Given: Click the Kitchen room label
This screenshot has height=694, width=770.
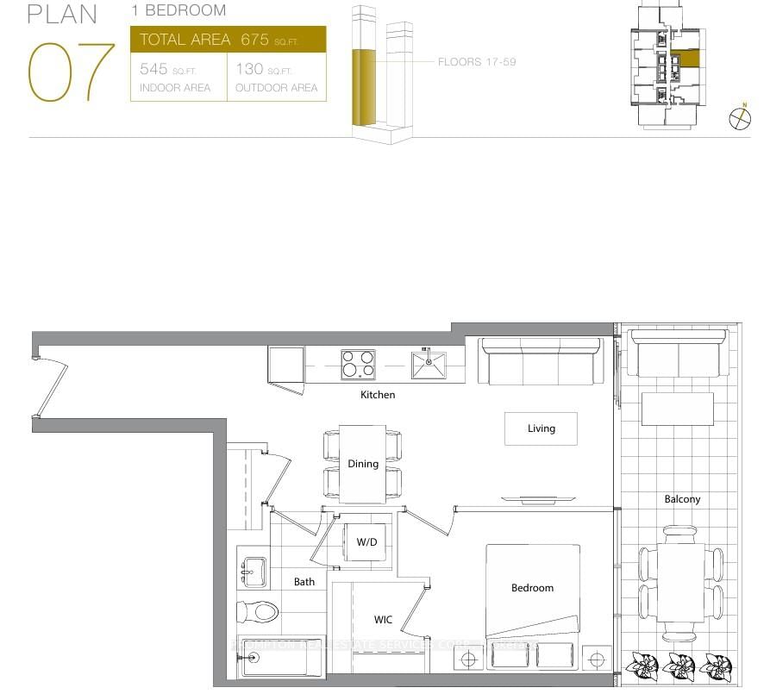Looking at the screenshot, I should click(x=378, y=395).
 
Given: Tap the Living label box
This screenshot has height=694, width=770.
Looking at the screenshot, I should click(x=541, y=428).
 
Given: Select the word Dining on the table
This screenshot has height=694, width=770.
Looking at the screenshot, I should click(x=363, y=464).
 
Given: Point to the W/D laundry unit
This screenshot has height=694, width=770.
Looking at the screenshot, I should click(x=367, y=542).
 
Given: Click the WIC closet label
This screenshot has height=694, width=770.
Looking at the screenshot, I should click(x=384, y=620).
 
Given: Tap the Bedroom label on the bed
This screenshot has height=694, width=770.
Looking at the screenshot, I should click(x=532, y=588).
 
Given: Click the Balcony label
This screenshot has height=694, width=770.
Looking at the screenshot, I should click(x=682, y=499).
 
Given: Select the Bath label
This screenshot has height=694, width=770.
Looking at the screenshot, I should click(x=304, y=582).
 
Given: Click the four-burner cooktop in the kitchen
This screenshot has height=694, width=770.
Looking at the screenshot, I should click(x=358, y=365).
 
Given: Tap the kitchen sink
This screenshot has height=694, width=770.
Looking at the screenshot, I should click(x=428, y=365).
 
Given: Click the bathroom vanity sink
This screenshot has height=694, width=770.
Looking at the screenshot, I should click(x=253, y=572).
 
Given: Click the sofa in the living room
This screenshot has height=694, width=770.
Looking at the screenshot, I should click(x=542, y=361).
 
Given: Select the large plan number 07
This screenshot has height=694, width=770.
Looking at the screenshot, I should click(x=71, y=73).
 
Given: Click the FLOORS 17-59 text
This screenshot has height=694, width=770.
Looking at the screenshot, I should click(x=477, y=62).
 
